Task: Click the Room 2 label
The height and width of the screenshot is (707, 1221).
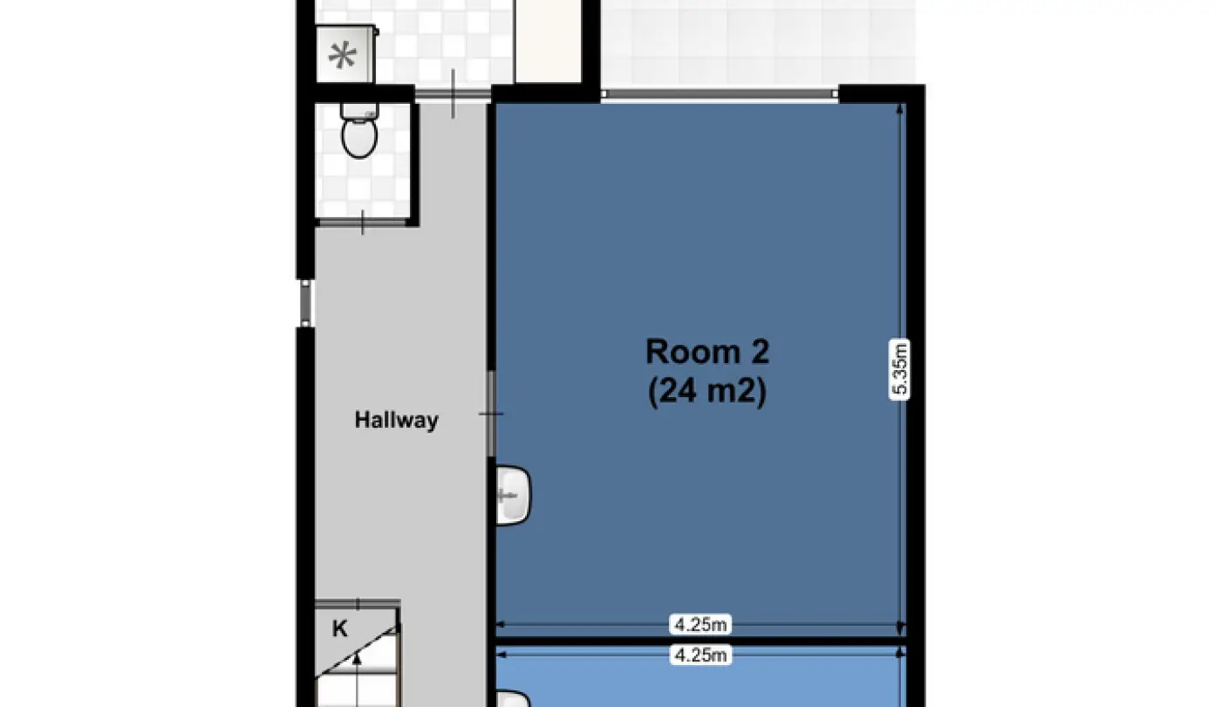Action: (x=707, y=352)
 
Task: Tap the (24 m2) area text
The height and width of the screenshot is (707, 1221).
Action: (x=707, y=391)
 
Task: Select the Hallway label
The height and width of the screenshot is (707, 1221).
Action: (x=396, y=420)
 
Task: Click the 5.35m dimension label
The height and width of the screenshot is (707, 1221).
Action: (x=899, y=369)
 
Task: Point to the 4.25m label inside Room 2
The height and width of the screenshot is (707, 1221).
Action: (x=700, y=625)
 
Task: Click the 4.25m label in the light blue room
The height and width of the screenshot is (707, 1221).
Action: (x=700, y=655)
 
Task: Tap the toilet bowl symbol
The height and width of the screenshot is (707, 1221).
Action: (x=359, y=138)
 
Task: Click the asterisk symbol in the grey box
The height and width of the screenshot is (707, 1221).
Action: (x=342, y=55)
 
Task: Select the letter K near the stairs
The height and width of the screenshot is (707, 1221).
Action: (x=339, y=629)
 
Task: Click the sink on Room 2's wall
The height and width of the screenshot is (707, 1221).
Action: (x=513, y=496)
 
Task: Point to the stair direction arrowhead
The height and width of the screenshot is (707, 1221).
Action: (x=357, y=658)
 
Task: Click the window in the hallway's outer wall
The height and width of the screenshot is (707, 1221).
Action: (x=305, y=304)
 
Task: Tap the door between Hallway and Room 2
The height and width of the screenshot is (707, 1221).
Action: (x=491, y=414)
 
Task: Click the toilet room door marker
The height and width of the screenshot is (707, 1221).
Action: (x=363, y=223)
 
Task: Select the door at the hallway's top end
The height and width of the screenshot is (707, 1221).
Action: (x=453, y=94)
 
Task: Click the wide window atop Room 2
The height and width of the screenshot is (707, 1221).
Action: (x=720, y=94)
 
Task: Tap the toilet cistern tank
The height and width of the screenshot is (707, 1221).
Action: (x=359, y=112)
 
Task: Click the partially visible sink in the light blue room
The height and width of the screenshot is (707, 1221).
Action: (x=513, y=698)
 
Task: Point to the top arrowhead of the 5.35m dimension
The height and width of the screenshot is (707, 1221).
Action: (x=899, y=108)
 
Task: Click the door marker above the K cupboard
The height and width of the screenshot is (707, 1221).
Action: (x=358, y=604)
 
